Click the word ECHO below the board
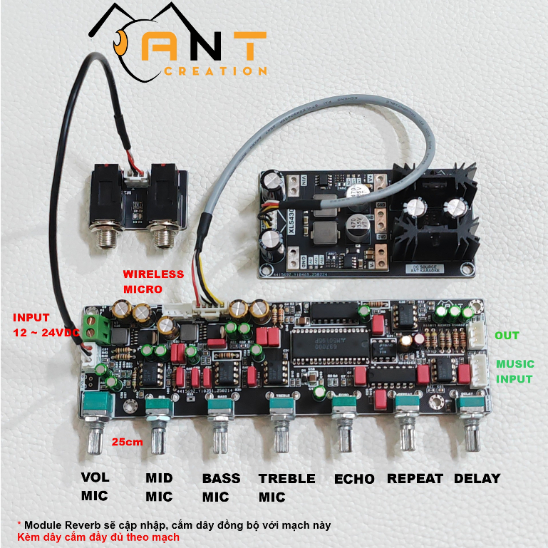(355, 479)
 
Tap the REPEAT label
(415, 479)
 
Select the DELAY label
(477, 479)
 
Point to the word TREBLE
(286, 479)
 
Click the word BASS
(221, 479)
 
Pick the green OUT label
(507, 336)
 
